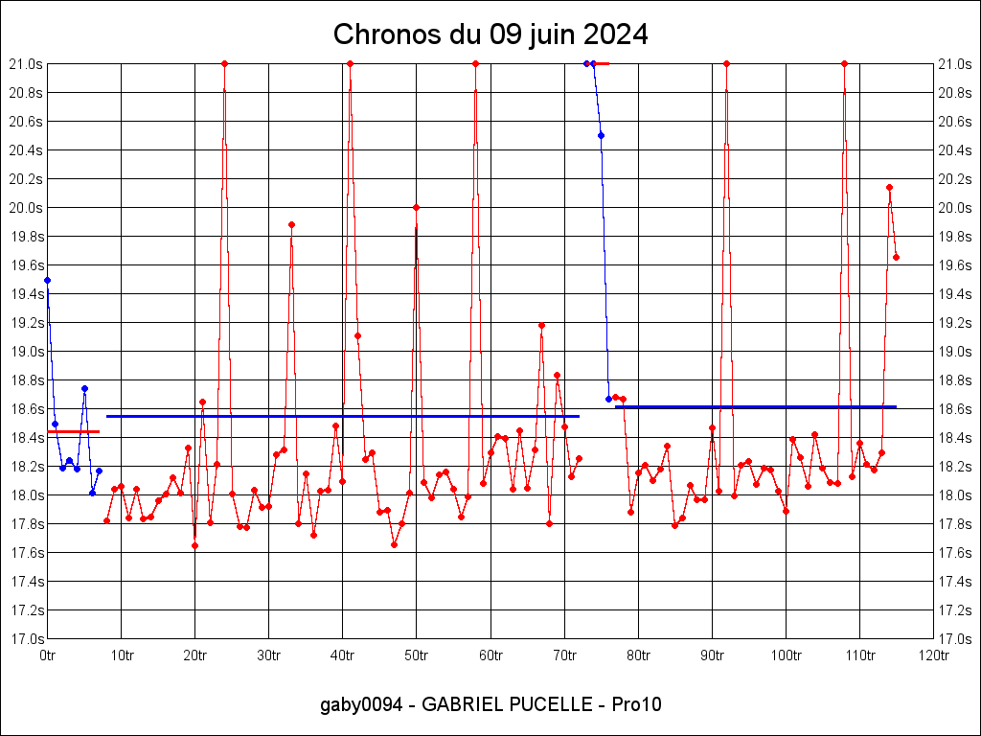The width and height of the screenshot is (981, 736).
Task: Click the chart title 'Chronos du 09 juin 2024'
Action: tap(490, 35)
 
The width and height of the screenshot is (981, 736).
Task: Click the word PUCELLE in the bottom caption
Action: tap(542, 705)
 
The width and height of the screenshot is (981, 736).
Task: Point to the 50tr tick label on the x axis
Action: tap(417, 655)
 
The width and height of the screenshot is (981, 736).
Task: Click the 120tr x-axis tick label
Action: tap(933, 655)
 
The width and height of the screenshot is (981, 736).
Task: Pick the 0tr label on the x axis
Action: tap(48, 655)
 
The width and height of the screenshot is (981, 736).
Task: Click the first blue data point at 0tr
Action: tap(47, 280)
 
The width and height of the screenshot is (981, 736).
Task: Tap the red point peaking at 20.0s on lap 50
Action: tap(416, 207)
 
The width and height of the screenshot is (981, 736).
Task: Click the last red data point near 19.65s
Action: tap(896, 257)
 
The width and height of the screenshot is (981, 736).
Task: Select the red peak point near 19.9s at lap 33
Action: tap(291, 224)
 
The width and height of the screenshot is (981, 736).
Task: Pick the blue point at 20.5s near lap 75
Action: tap(601, 135)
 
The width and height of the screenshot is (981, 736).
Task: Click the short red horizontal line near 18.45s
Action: tap(73, 432)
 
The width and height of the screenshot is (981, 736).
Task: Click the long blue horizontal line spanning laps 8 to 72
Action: tap(343, 416)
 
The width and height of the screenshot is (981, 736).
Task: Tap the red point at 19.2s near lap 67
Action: tap(541, 325)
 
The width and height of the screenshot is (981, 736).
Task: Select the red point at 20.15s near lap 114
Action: tap(889, 187)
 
